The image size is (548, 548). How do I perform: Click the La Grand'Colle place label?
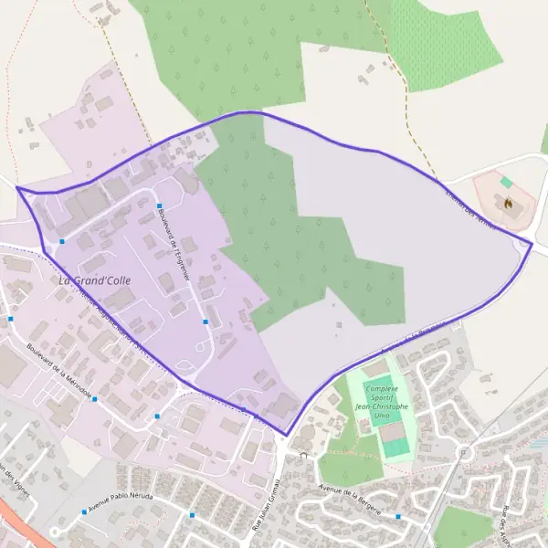coord(91,280)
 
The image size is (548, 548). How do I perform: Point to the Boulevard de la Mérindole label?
coord(60,373)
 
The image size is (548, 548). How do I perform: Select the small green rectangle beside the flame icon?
coord(506,183)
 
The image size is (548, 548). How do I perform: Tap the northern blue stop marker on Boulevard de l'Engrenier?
coord(158,206)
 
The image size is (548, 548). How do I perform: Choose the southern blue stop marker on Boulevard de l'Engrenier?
coord(206,321)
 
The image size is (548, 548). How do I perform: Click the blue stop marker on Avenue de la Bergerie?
coord(398,517)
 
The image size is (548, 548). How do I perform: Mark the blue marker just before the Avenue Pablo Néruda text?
coord(83,511)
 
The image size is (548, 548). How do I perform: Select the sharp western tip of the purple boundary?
coord(17,188)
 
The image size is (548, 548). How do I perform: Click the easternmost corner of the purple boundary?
coord(532,244)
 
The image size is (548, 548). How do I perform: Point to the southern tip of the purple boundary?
coord(287,435)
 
